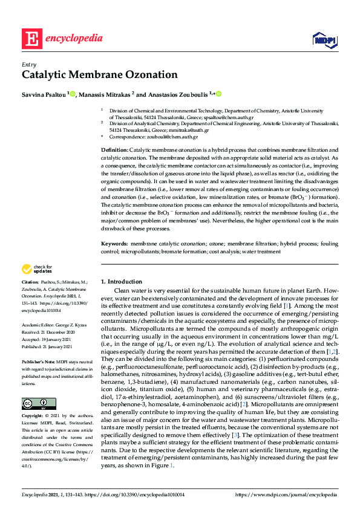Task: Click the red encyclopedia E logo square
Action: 31,39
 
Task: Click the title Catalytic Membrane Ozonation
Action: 100,76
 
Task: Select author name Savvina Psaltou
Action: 44,94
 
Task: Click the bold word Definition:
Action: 114,149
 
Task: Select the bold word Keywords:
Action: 114,243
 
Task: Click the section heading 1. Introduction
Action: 121,282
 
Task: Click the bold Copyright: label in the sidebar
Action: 32,400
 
